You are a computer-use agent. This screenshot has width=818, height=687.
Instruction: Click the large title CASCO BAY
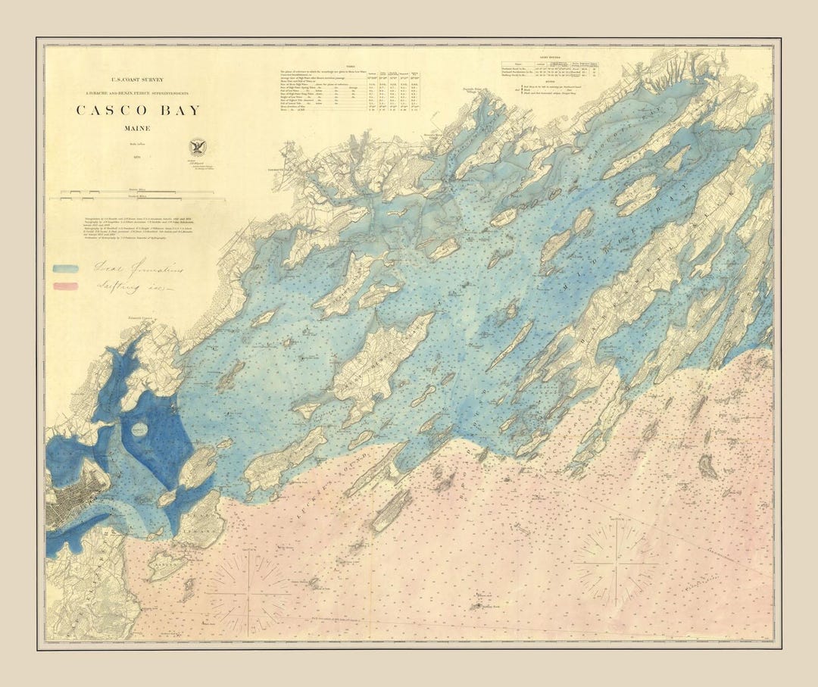click(x=138, y=111)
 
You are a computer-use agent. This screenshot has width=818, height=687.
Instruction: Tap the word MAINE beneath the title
click(x=137, y=129)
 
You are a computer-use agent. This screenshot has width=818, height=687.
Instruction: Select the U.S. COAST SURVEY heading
click(x=138, y=79)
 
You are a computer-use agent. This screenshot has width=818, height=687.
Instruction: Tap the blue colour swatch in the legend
click(x=66, y=268)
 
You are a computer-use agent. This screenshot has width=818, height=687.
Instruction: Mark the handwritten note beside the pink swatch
click(x=129, y=287)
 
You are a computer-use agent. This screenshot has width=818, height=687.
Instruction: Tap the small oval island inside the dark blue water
click(x=140, y=429)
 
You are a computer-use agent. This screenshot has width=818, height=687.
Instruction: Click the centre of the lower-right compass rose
click(x=617, y=564)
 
